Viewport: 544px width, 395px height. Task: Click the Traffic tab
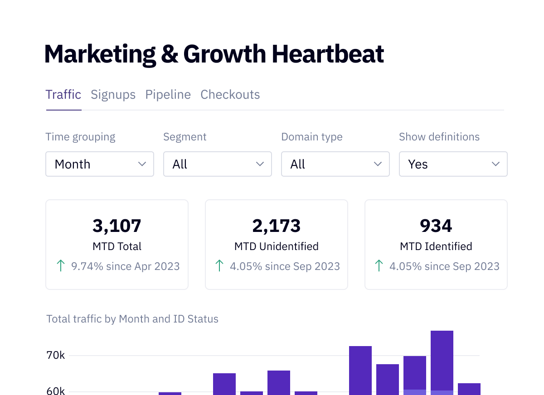tap(63, 95)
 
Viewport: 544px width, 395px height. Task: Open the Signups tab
tap(113, 95)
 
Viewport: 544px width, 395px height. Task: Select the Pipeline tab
tap(168, 95)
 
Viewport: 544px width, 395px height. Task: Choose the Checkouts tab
tap(230, 95)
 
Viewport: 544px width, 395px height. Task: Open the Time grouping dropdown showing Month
tap(100, 164)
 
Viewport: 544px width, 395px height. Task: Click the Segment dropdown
tap(218, 164)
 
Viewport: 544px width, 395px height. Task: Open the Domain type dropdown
tap(335, 164)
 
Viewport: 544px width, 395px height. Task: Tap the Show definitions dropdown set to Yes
tap(453, 164)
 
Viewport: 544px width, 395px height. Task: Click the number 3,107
tap(117, 226)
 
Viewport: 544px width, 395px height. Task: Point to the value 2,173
tap(277, 226)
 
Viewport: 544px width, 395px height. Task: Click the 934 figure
tap(436, 226)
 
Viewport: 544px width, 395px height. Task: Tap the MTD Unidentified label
tap(277, 246)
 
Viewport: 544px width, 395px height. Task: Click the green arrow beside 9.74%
tap(60, 266)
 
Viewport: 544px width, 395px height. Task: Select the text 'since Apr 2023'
tap(143, 266)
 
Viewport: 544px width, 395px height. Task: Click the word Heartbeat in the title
tap(327, 54)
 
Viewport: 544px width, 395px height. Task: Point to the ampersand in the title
tap(170, 54)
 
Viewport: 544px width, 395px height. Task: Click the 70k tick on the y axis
tap(56, 355)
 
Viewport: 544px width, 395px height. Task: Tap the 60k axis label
tap(56, 391)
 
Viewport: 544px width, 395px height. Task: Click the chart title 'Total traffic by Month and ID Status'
tap(132, 319)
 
